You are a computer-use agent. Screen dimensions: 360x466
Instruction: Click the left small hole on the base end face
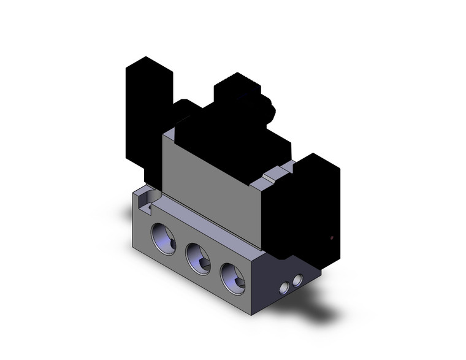[285, 288]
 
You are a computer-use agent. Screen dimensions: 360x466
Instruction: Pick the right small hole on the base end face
[298, 280]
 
